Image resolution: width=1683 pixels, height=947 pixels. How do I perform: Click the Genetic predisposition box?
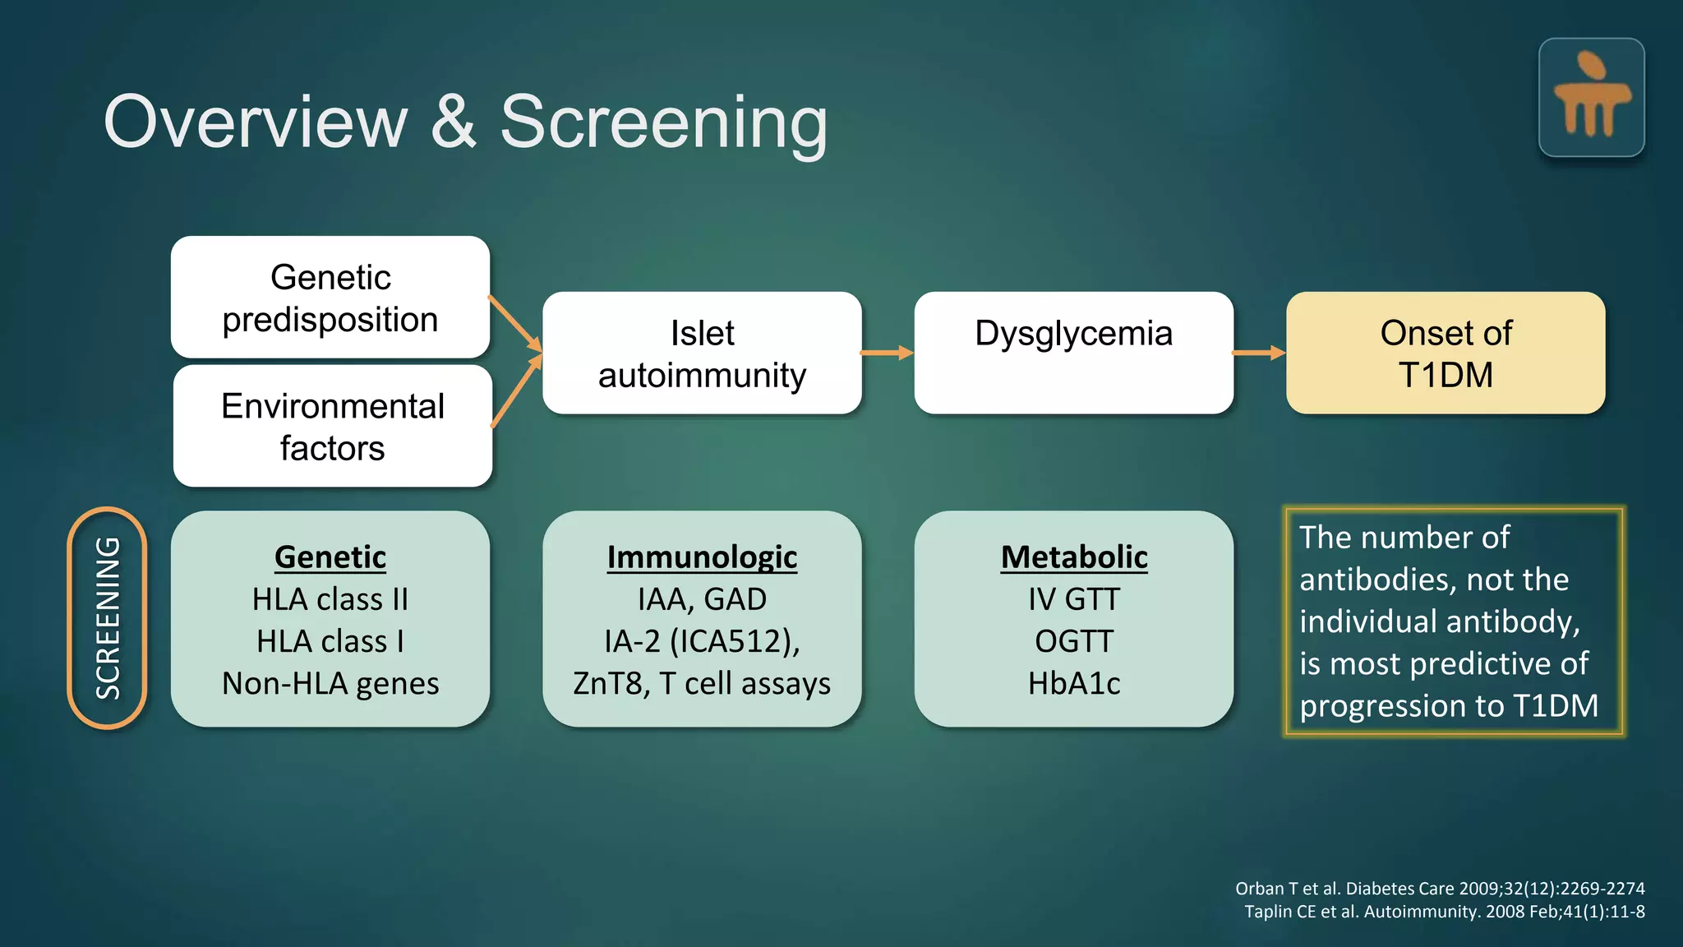[330, 298]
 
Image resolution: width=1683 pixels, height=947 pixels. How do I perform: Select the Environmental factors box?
[332, 427]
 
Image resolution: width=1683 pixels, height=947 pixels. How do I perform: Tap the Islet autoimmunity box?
[702, 353]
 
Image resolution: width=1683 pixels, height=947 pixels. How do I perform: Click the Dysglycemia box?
[1073, 353]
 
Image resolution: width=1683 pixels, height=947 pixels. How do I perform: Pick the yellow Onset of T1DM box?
[1446, 353]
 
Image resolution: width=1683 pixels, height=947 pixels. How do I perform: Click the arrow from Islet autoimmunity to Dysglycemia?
[888, 353]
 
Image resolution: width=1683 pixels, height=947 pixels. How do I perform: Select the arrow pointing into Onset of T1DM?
[1259, 353]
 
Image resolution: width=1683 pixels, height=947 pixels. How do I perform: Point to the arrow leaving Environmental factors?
[516, 392]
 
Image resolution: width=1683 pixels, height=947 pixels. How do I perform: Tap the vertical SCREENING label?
[108, 618]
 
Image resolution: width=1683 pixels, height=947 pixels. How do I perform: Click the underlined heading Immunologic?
[702, 557]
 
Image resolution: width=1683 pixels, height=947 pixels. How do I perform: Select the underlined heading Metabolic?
[1073, 557]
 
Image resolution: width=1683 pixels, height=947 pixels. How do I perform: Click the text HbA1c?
[1073, 684]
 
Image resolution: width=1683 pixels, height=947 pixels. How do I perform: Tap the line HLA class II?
[330, 599]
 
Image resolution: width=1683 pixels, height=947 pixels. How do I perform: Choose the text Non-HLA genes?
[330, 684]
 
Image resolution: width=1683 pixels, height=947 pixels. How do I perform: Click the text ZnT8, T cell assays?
[702, 684]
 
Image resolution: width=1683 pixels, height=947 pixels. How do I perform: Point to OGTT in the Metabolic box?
[1073, 641]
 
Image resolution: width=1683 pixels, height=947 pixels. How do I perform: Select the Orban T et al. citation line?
[1440, 889]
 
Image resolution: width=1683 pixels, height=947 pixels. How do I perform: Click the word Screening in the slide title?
[664, 123]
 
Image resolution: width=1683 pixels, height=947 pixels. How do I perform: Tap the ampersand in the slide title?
[453, 123]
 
